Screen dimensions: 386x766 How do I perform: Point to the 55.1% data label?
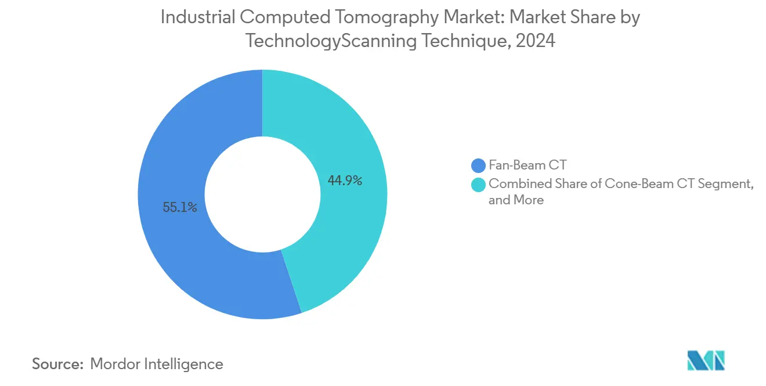pyautogui.click(x=180, y=207)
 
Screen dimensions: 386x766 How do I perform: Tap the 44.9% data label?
pyautogui.click(x=345, y=181)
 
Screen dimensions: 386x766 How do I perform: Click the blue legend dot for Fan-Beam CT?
pyautogui.click(x=479, y=166)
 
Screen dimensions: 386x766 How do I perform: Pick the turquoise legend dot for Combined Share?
pyautogui.click(x=479, y=184)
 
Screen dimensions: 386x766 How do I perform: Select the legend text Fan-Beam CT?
pyautogui.click(x=527, y=166)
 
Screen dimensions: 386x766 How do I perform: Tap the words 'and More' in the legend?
pyautogui.click(x=516, y=200)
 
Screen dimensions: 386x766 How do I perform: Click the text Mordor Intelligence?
pyautogui.click(x=157, y=364)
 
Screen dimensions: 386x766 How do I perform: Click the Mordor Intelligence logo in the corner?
pyautogui.click(x=706, y=360)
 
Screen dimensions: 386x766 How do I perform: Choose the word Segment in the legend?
pyautogui.click(x=725, y=184)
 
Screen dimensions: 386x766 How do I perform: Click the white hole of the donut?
pyautogui.click(x=262, y=194)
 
